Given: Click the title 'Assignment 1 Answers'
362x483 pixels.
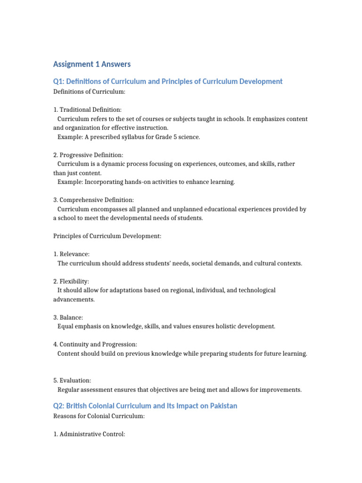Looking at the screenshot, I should coord(92,64).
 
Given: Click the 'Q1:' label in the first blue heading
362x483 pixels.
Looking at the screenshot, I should coord(58,82).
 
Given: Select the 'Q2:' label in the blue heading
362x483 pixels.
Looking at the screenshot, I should coord(58,406).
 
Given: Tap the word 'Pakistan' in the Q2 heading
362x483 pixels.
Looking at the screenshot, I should coord(223,406).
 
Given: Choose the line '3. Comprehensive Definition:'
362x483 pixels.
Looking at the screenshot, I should coord(93,200).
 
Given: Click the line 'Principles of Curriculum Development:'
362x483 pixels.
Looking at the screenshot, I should coord(107,236).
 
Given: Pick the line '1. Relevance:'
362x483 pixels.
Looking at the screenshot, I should coord(71,254).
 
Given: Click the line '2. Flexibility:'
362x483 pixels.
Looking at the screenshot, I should coord(71,281).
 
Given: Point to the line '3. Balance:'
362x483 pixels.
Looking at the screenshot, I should coord(68,317).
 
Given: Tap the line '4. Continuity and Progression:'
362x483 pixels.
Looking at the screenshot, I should coord(95,344).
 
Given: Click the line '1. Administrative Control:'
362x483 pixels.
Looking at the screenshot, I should coord(89,434).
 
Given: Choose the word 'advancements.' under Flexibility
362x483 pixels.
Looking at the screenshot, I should coord(74,300).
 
